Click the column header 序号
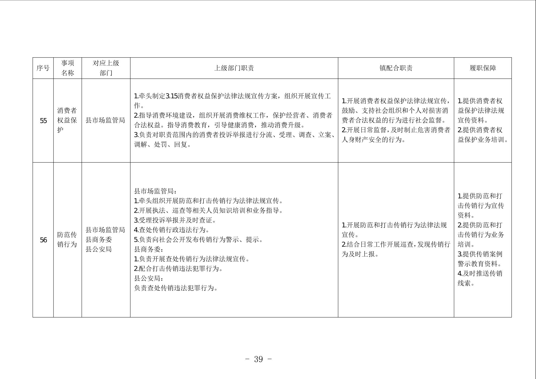click(x=43, y=68)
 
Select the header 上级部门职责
click(x=234, y=68)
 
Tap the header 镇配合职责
click(x=396, y=68)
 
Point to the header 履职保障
click(x=483, y=68)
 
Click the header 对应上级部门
click(x=106, y=68)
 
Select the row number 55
click(x=43, y=121)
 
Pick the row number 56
click(x=43, y=240)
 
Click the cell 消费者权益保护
click(x=67, y=120)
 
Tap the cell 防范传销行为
click(x=67, y=239)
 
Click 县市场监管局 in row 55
click(x=105, y=120)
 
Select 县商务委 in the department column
click(x=99, y=239)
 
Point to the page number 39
click(x=258, y=359)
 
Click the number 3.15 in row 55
click(x=171, y=96)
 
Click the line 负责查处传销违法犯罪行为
click(x=176, y=288)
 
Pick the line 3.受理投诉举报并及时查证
click(x=175, y=220)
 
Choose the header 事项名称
click(x=68, y=68)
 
